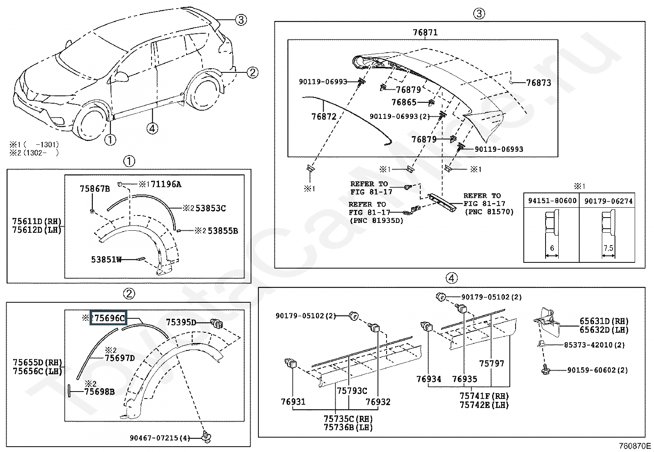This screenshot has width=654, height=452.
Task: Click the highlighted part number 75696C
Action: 108,318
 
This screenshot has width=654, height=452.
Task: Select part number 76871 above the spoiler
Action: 425,32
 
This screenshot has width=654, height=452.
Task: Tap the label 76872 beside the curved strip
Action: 324,116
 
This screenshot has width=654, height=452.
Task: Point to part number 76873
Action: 539,83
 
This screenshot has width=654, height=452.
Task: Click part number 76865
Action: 404,102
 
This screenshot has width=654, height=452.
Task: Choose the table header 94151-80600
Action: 552,201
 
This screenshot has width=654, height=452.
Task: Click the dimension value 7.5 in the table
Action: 608,248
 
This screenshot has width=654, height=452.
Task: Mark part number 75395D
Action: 181,322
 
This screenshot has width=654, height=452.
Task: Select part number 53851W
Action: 106,260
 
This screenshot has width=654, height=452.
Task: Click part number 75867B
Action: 94,189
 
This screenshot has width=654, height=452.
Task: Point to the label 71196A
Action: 166,184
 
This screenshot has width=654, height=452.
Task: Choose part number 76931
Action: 293,401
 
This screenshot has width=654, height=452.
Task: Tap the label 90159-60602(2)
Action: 598,370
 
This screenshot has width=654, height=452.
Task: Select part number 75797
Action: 491,363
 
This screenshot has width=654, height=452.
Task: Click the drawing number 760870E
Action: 636,446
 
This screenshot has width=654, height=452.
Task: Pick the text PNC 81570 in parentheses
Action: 489,212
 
